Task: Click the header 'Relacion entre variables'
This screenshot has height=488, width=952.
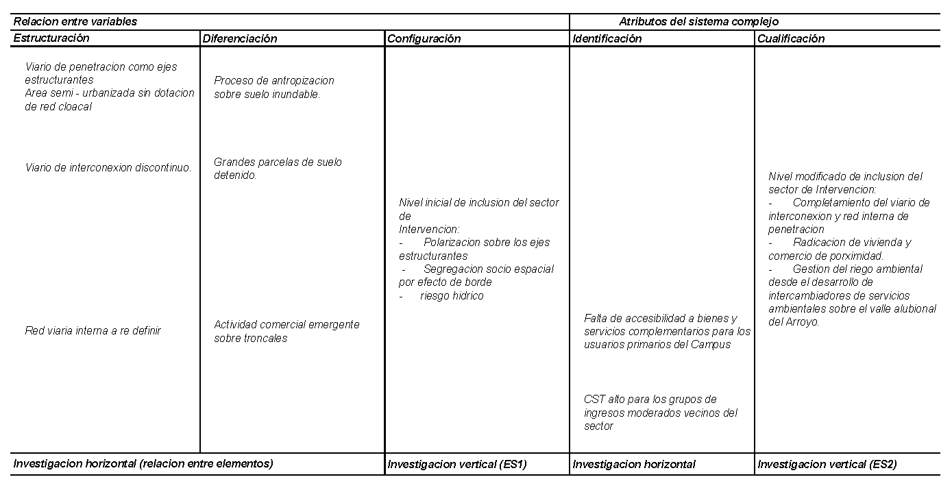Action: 75,21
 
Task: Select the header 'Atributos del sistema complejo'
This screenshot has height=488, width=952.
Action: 698,21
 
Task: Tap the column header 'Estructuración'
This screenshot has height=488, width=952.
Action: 51,38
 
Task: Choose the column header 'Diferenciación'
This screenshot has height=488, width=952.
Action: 240,38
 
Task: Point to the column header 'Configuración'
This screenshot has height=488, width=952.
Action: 424,38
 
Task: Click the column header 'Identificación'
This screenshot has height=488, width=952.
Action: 607,38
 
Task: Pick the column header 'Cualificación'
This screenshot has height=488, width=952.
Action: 791,38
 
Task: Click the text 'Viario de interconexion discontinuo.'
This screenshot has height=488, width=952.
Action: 108,167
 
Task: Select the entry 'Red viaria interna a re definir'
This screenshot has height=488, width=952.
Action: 93,330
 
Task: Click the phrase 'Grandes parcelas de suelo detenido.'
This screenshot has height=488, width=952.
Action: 278,169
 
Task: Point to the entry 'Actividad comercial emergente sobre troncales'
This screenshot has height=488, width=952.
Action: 286,331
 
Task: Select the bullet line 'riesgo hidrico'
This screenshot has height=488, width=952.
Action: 452,296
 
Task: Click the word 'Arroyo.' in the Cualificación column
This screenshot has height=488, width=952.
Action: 794,321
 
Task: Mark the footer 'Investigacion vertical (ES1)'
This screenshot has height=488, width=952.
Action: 457,464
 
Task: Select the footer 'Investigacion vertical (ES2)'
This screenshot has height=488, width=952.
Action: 827,464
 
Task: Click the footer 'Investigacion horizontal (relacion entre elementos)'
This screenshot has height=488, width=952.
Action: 143,463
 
